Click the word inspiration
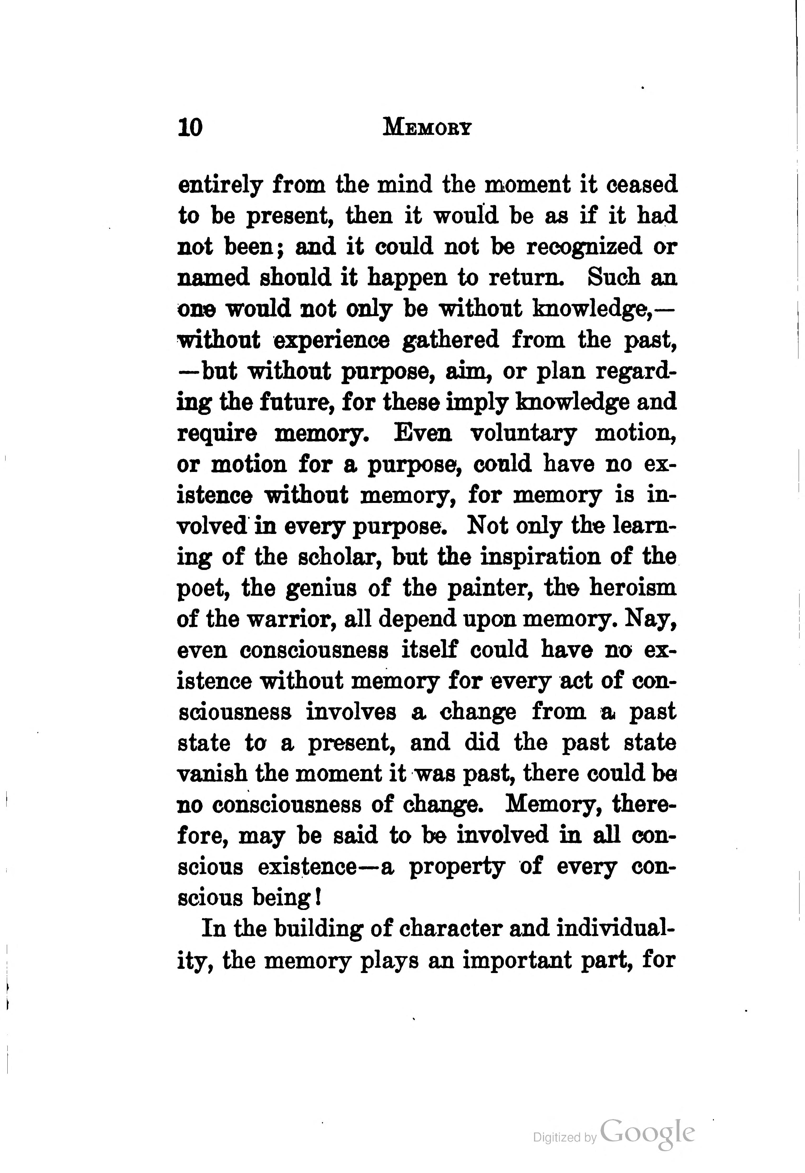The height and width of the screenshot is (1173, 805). [540, 557]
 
